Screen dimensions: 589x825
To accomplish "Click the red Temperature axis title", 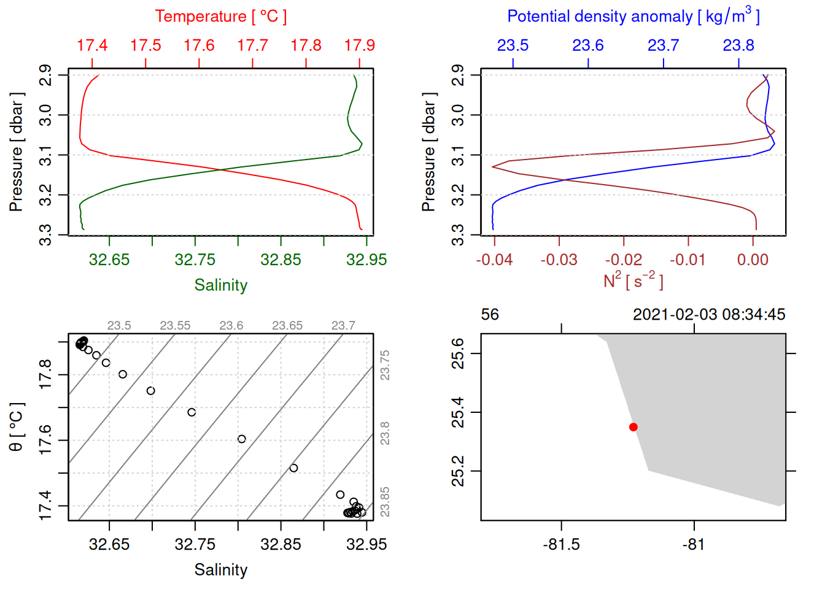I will pyautogui.click(x=220, y=17).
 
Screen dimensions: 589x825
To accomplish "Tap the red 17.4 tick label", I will pyautogui.click(x=92, y=45).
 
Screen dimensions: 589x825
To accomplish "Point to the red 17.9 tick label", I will pyautogui.click(x=359, y=45).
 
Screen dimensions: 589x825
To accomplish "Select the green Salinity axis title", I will pyautogui.click(x=220, y=285).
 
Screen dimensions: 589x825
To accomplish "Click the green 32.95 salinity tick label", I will pyautogui.click(x=366, y=260).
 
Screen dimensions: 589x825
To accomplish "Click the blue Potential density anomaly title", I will pyautogui.click(x=633, y=17).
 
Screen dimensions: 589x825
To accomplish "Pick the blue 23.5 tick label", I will pyautogui.click(x=513, y=45).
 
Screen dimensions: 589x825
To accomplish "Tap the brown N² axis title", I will pyautogui.click(x=633, y=281).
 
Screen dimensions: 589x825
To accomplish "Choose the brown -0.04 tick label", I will pyautogui.click(x=494, y=260).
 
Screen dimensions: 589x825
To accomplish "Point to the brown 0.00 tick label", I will pyautogui.click(x=753, y=260).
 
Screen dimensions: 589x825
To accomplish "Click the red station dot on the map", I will pyautogui.click(x=633, y=427).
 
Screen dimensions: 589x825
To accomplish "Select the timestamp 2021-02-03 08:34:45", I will pyautogui.click(x=709, y=315).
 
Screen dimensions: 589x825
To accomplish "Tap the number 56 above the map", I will pyautogui.click(x=490, y=315).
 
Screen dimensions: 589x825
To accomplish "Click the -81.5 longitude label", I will pyautogui.click(x=561, y=544).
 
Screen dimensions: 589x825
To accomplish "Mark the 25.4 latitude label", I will pyautogui.click(x=459, y=412).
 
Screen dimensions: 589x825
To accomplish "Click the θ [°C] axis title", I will pyautogui.click(x=17, y=427).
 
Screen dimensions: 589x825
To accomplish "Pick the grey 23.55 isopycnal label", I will pyautogui.click(x=175, y=326).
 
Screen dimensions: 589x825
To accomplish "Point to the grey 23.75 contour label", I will pyautogui.click(x=385, y=365).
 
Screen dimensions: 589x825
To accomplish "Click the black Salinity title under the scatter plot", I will pyautogui.click(x=220, y=570).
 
